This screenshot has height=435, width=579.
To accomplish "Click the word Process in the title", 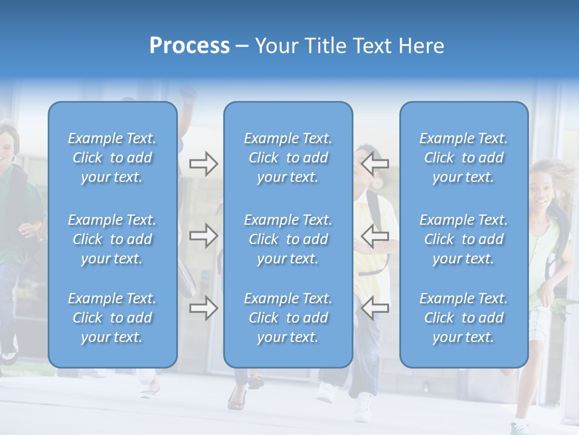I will click(189, 45).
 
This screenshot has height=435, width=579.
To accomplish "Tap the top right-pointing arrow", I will click(203, 164).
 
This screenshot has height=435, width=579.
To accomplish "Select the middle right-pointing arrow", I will click(203, 236).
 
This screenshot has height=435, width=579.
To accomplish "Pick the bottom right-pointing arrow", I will click(203, 308).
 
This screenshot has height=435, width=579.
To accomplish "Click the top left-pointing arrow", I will click(375, 163).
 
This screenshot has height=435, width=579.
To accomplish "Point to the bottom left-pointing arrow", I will click(375, 308).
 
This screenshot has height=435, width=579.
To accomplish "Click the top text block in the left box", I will click(112, 158).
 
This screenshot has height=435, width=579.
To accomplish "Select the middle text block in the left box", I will click(112, 239).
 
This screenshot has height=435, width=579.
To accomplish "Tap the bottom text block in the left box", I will click(112, 318).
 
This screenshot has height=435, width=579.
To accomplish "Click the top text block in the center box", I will click(288, 158).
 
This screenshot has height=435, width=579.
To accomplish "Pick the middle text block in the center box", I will click(288, 239).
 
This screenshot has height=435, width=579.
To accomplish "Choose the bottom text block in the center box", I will click(288, 318).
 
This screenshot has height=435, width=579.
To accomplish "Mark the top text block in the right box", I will click(463, 158).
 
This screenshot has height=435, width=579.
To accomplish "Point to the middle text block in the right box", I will click(463, 239).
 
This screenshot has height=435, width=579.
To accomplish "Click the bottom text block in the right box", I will click(463, 318).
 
